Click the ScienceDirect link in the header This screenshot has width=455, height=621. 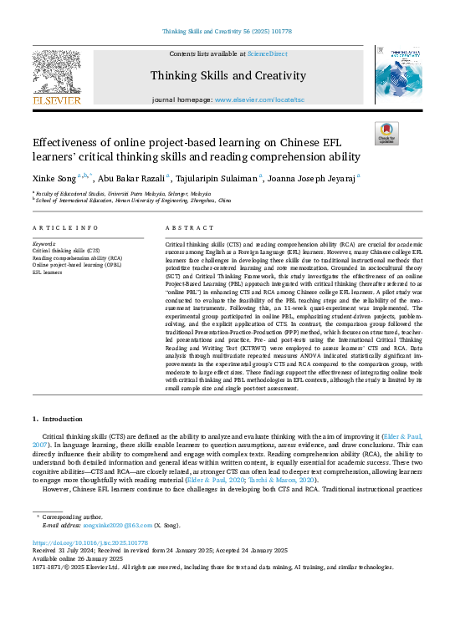pyautogui.click(x=268, y=53)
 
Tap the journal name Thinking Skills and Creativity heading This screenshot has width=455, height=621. pyautogui.click(x=227, y=76)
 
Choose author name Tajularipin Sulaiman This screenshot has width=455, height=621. pyautogui.click(x=218, y=177)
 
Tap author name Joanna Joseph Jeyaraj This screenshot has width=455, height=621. pyautogui.click(x=314, y=177)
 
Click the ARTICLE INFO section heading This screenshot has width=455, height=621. pyautogui.click(x=65, y=228)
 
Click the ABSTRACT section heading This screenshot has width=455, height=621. pyautogui.click(x=185, y=228)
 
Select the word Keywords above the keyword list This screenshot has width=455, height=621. pyautogui.click(x=46, y=243)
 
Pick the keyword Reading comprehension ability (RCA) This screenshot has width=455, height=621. pyautogui.click(x=77, y=257)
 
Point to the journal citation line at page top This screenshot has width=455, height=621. pyautogui.click(x=227, y=31)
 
